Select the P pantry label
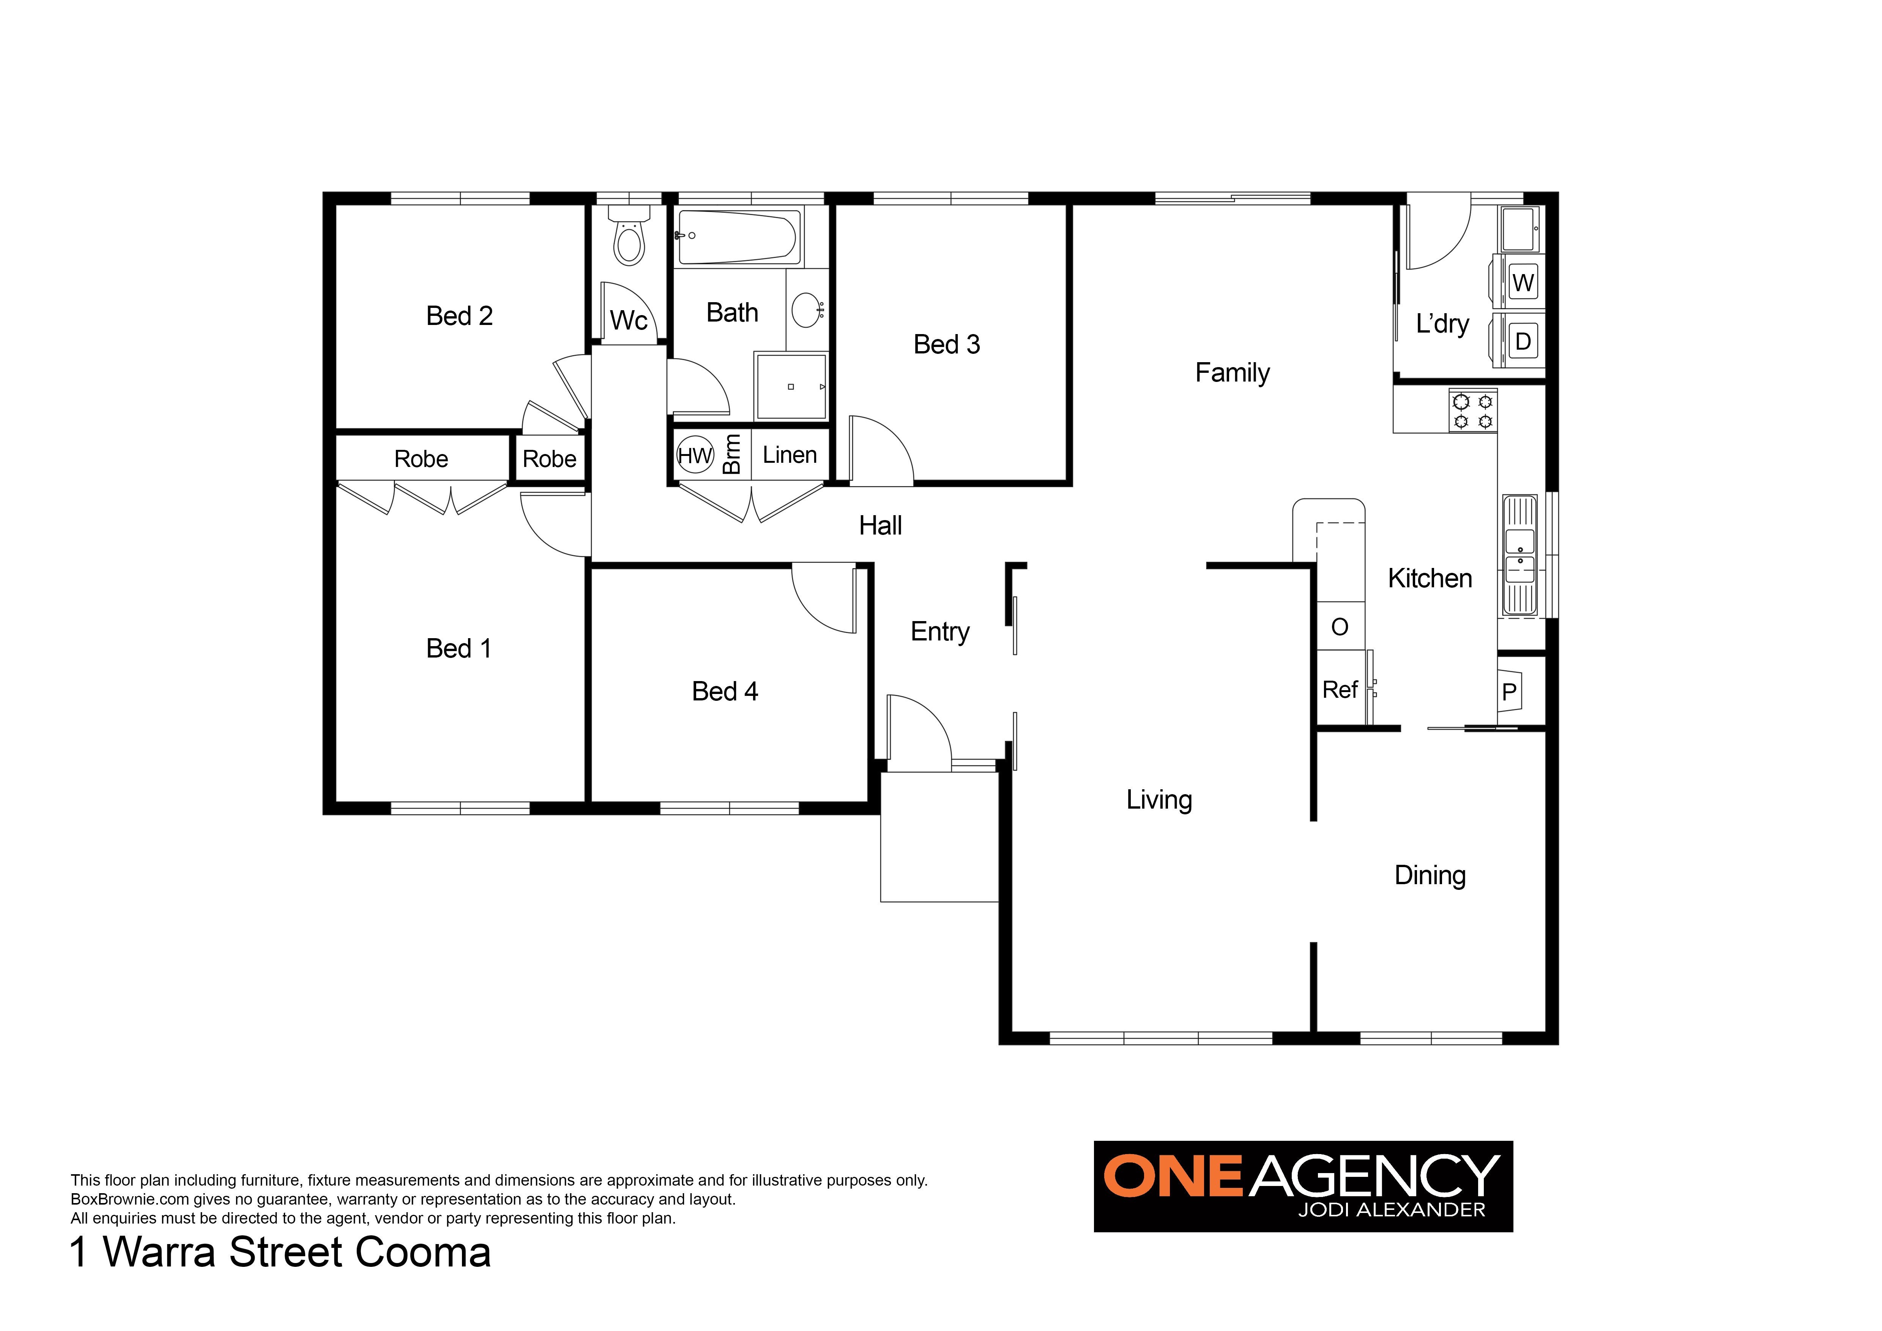pyautogui.click(x=1509, y=692)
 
